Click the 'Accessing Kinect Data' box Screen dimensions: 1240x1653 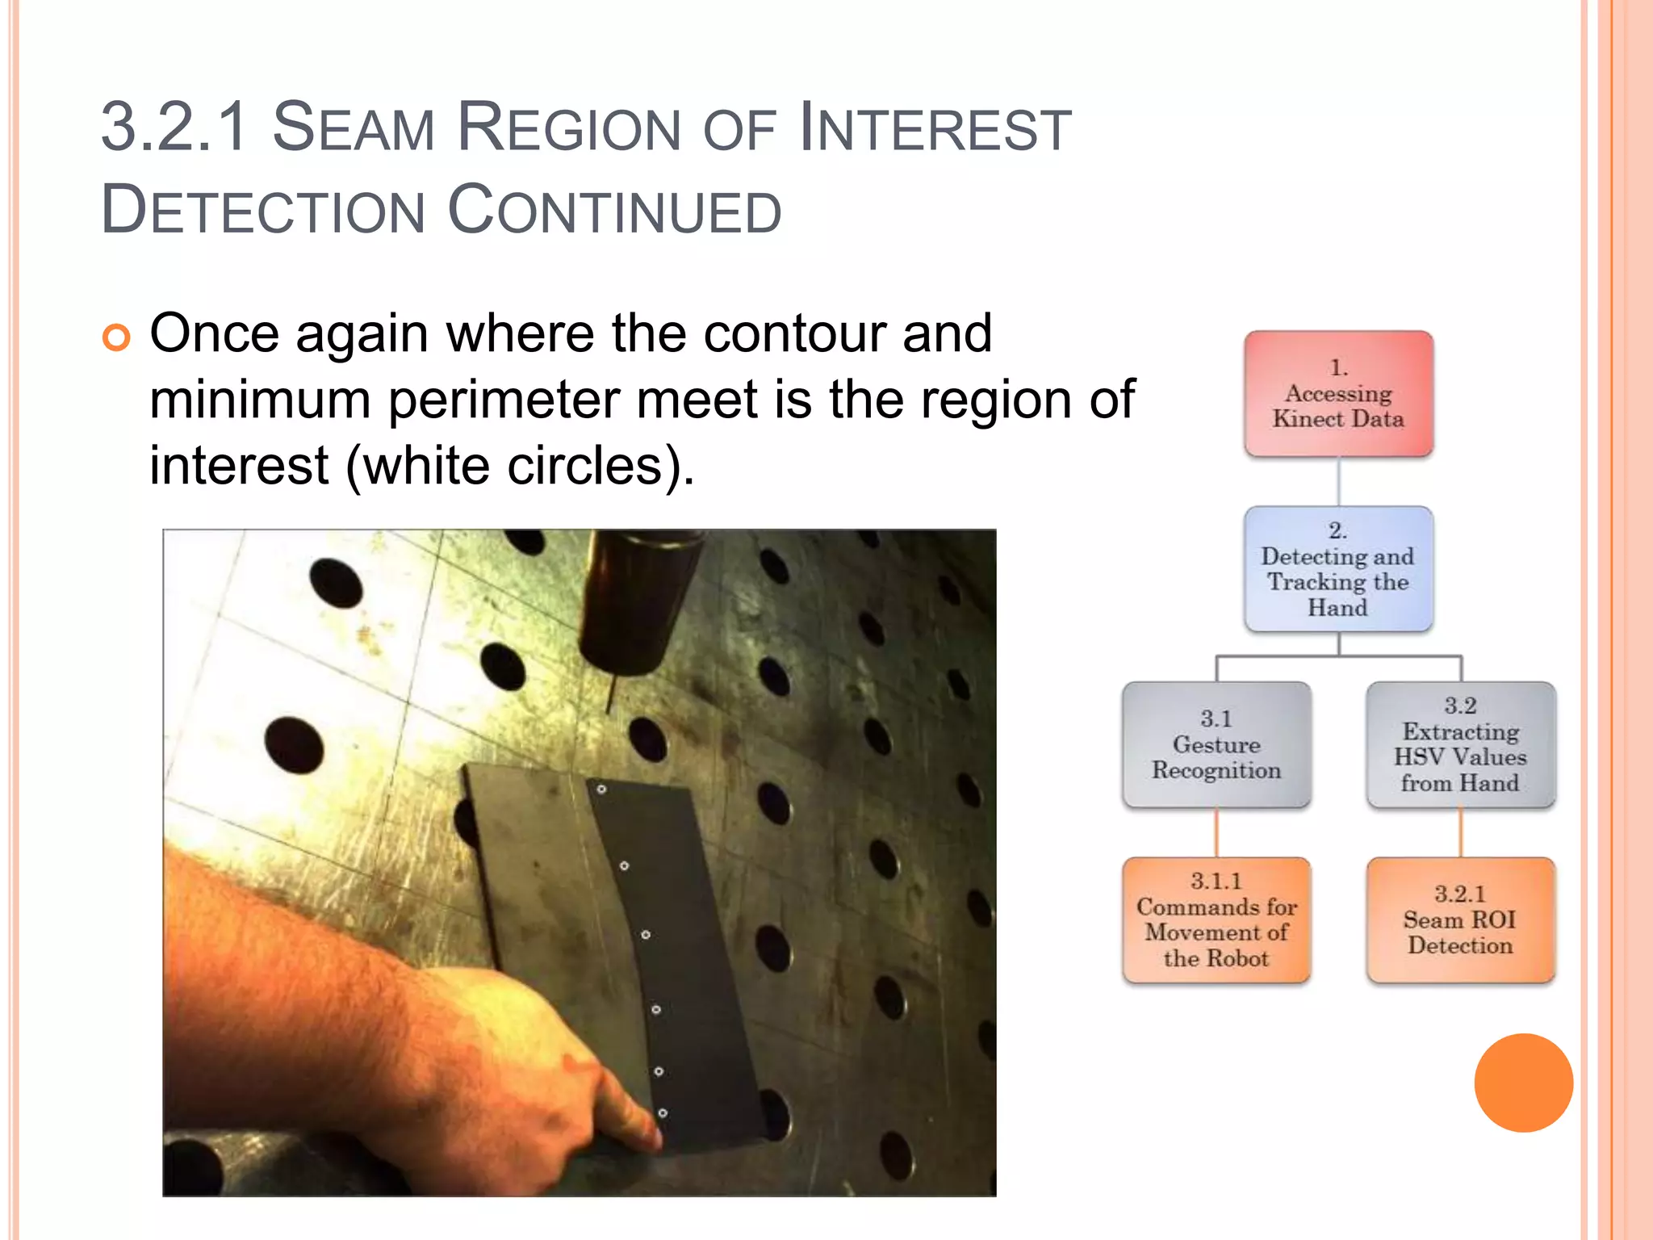point(1338,394)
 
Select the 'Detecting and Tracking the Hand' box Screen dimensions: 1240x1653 point(1338,569)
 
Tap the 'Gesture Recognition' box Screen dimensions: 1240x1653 point(1216,744)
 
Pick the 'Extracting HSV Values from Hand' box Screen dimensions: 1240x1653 point(1460,744)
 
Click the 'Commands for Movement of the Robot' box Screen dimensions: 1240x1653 point(1216,920)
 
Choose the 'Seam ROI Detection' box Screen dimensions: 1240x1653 point(1460,920)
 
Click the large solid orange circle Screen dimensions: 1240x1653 point(1523,1083)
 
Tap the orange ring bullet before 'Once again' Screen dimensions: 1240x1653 point(116,337)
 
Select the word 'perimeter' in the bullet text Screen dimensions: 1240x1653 point(504,400)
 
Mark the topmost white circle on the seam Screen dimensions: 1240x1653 point(601,789)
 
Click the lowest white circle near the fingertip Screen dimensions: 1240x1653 point(663,1113)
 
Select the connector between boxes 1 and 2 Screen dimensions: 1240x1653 point(1338,482)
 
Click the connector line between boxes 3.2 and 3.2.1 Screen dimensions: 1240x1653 point(1460,832)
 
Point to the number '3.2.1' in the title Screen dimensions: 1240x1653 point(174,128)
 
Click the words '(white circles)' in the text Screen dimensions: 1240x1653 point(520,467)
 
